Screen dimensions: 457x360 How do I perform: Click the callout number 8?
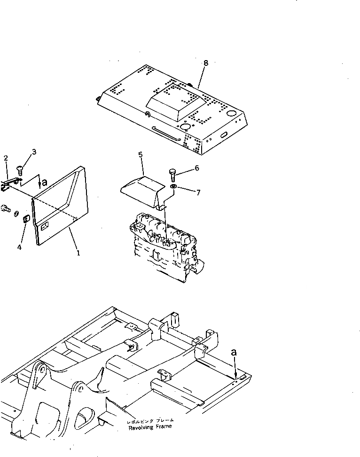point(205,62)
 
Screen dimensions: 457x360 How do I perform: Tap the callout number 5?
point(140,154)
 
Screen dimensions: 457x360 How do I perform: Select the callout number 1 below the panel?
point(78,252)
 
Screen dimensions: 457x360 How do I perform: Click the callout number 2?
point(6,158)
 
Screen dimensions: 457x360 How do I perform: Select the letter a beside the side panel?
point(44,183)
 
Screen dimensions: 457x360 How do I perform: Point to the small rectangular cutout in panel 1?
point(46,226)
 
